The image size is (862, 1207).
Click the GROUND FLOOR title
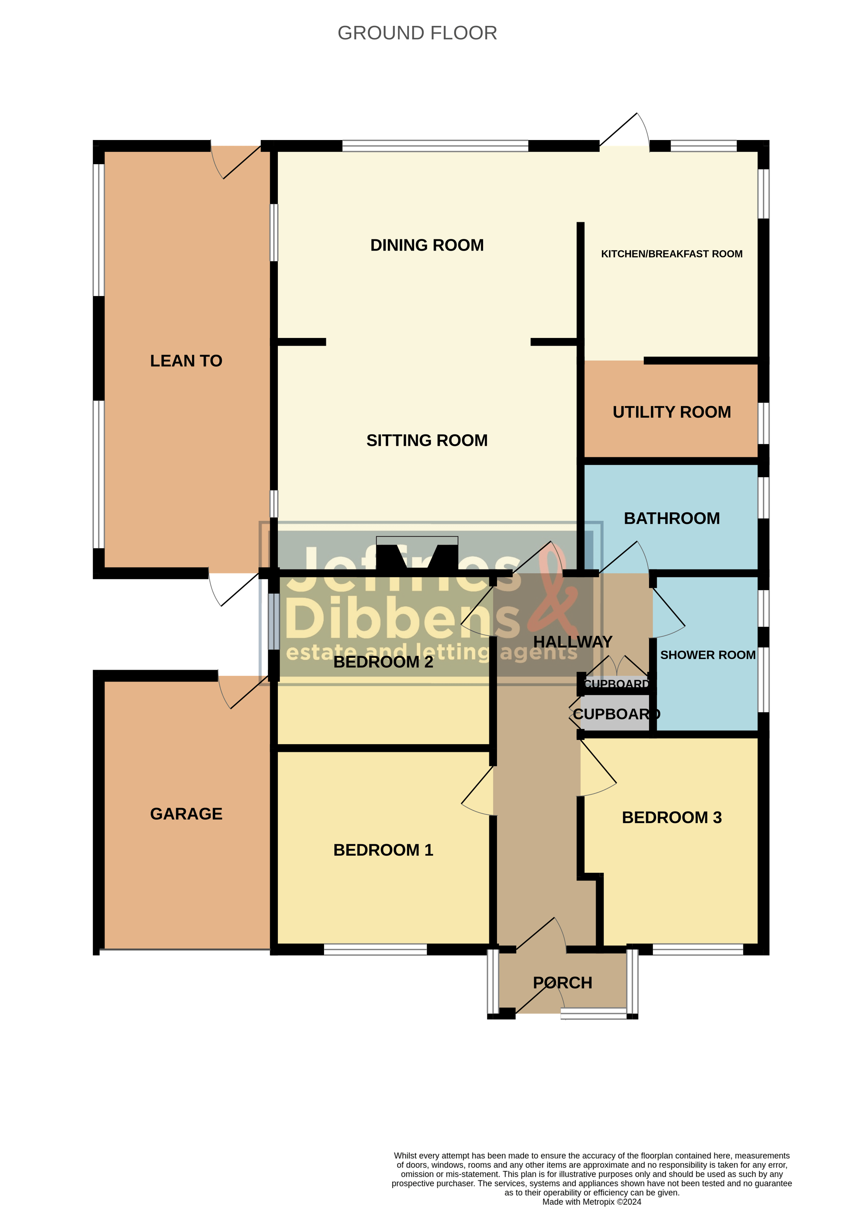pyautogui.click(x=417, y=33)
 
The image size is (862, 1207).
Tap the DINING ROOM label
pyautogui.click(x=427, y=245)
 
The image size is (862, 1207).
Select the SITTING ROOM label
pyautogui.click(x=427, y=440)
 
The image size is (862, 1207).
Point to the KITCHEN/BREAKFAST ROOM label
pyautogui.click(x=671, y=254)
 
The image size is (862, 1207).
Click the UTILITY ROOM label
pyautogui.click(x=671, y=412)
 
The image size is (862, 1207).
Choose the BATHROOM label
pyautogui.click(x=671, y=518)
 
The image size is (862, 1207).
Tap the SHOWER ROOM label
pyautogui.click(x=708, y=655)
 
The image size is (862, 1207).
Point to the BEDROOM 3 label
pyautogui.click(x=671, y=817)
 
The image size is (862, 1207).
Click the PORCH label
pyautogui.click(x=562, y=983)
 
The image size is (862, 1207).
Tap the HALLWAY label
pyautogui.click(x=573, y=642)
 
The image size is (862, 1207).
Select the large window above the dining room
pyautogui.click(x=435, y=146)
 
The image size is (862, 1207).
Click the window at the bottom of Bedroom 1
pyautogui.click(x=375, y=949)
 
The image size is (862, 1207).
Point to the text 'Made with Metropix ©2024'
pyautogui.click(x=591, y=1202)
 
